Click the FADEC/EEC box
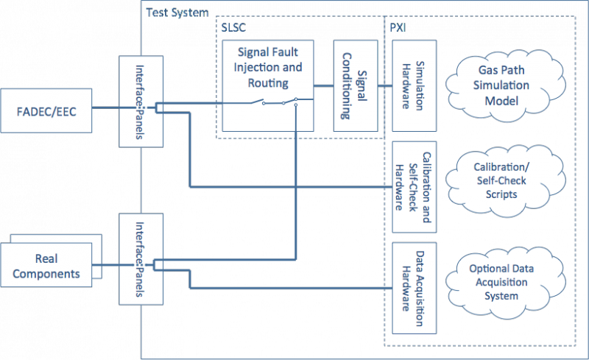[x=46, y=111]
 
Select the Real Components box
[x=46, y=265]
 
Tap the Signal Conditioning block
[x=356, y=86]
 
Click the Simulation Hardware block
[x=415, y=86]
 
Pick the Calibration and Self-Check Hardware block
[x=415, y=187]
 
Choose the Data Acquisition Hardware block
[x=415, y=289]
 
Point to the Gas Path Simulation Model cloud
[x=505, y=85]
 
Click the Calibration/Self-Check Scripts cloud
[x=505, y=181]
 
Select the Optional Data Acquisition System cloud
[x=505, y=283]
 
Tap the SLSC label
[x=233, y=28]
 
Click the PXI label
[x=398, y=28]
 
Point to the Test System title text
[x=177, y=13]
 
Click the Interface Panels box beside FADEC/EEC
[x=141, y=102]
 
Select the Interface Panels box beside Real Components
[x=141, y=259]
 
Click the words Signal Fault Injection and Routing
[x=268, y=67]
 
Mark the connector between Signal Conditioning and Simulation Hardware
[x=385, y=86]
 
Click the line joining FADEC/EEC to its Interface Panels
[x=105, y=107]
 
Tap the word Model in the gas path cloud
[x=501, y=101]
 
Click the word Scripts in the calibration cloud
[x=501, y=194]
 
